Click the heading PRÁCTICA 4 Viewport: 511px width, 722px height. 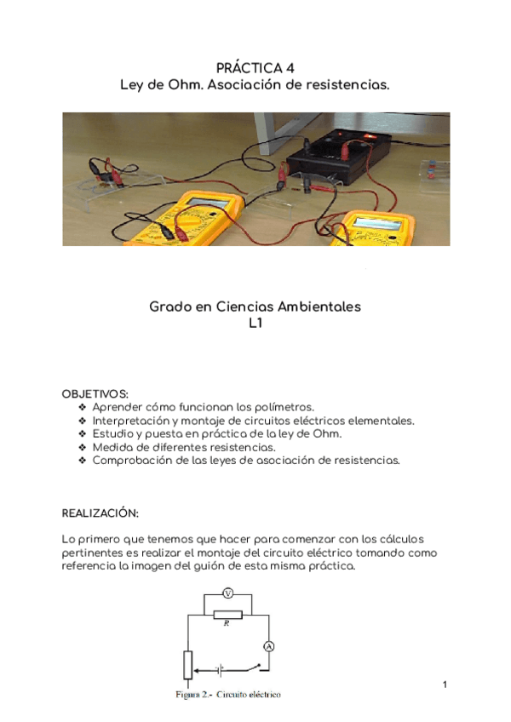click(x=255, y=68)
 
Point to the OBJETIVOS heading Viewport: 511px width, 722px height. click(x=95, y=394)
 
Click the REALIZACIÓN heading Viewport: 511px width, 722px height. click(x=100, y=513)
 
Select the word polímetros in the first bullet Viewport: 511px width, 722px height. click(x=285, y=408)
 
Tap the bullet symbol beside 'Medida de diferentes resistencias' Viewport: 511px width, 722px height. click(x=83, y=447)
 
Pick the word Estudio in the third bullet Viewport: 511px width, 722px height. click(x=112, y=434)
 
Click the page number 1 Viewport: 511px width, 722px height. click(x=445, y=685)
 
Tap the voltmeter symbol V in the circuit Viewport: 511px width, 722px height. click(x=227, y=593)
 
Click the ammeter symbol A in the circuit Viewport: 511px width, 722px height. click(x=268, y=647)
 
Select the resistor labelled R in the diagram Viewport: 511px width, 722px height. click(x=227, y=614)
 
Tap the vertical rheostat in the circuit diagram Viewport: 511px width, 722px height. click(x=188, y=665)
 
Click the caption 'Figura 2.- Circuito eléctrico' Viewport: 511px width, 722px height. click(x=228, y=695)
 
